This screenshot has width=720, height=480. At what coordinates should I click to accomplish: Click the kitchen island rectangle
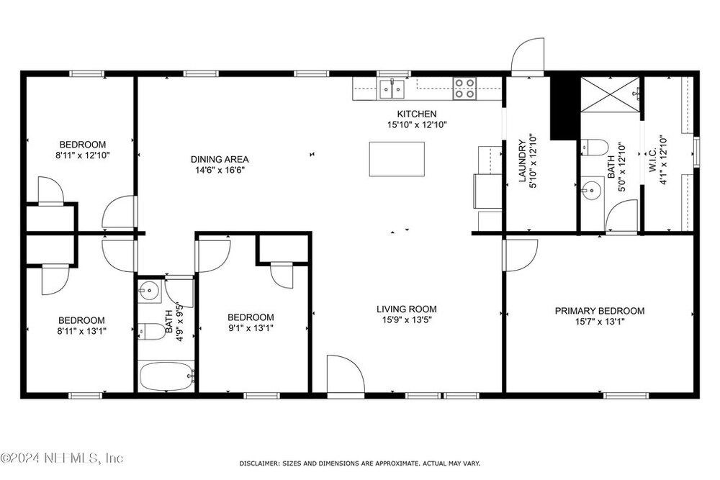pos(397,159)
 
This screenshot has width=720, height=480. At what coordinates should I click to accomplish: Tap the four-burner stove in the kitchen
pos(464,89)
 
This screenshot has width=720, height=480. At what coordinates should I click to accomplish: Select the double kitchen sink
pos(392,89)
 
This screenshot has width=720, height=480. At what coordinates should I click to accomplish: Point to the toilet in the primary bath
pos(594,147)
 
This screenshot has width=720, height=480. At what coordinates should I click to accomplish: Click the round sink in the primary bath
pos(592,189)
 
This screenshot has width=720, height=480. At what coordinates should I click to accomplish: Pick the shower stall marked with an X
pos(610,94)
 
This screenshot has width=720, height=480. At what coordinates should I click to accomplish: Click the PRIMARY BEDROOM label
pos(600,311)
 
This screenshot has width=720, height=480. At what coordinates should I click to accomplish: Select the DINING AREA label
pos(220,159)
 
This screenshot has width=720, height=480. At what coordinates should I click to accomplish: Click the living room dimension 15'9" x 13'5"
pos(407,320)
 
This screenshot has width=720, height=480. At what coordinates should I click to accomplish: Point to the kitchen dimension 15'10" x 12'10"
pos(417,124)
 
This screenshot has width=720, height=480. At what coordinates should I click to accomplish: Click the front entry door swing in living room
pos(346,374)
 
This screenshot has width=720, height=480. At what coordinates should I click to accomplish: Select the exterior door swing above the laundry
pos(528,56)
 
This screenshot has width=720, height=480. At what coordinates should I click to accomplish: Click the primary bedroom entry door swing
pos(521,255)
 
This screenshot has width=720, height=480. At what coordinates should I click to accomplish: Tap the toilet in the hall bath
pos(152,331)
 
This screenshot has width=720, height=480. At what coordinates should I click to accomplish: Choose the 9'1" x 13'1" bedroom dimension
pos(251,328)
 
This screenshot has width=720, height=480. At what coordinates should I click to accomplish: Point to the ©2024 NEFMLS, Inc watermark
pos(62,458)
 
